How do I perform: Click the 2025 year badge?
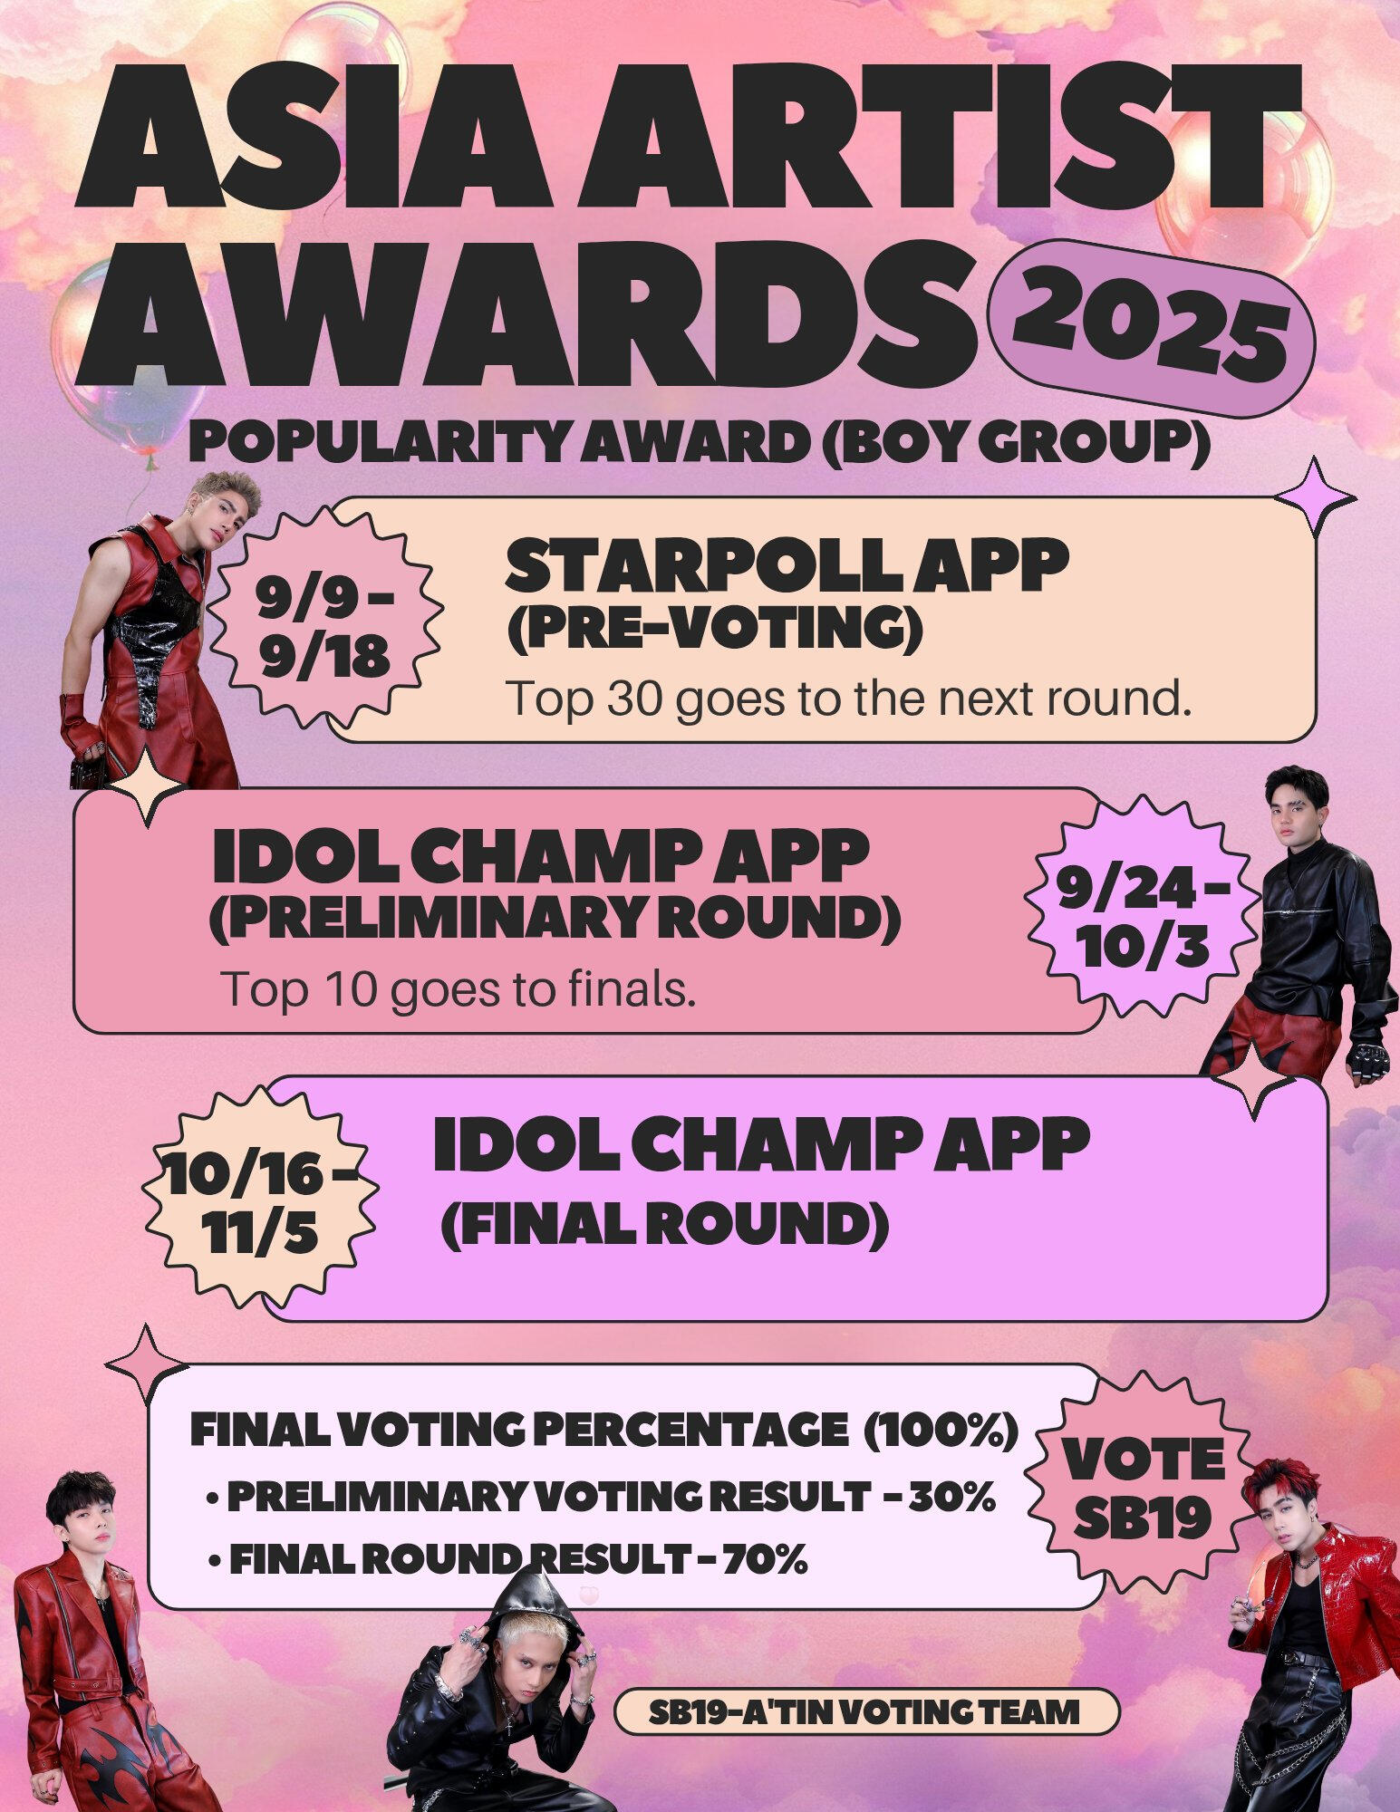1151,328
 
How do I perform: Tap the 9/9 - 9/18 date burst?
324,626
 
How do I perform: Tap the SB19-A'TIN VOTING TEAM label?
865,1711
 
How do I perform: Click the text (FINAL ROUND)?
664,1225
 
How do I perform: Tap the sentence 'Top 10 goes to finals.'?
459,989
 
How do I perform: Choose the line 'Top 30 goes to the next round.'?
848,699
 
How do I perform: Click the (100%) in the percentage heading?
941,1432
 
